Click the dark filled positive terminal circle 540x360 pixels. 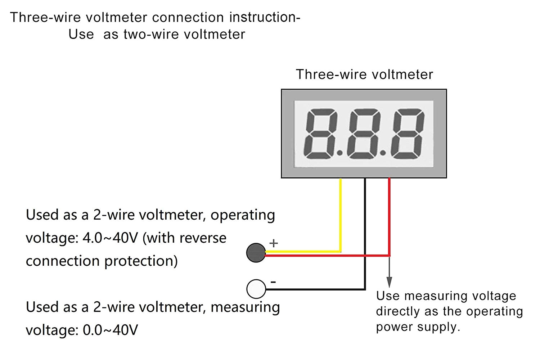[x=256, y=253]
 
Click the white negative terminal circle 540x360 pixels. [x=256, y=289]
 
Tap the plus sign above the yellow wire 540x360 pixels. [x=274, y=243]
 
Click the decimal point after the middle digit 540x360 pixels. [x=383, y=153]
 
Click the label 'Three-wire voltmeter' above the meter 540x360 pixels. [x=364, y=75]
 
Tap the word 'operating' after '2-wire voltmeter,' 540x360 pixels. [x=243, y=215]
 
